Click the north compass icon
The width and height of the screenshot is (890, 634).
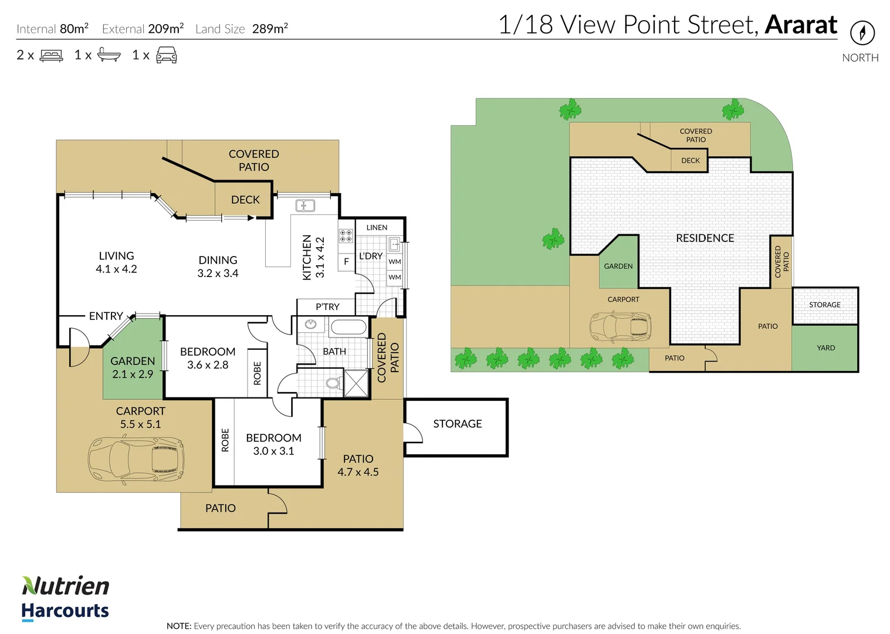[862, 32]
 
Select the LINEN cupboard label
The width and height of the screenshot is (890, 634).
[377, 228]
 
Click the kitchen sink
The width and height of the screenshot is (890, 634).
[305, 205]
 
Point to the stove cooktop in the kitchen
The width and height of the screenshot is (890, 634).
[346, 236]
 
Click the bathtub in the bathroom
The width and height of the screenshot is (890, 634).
[348, 327]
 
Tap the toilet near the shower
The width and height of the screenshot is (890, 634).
[333, 384]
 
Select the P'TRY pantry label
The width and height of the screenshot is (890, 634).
[327, 307]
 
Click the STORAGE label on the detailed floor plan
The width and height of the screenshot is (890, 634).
[457, 424]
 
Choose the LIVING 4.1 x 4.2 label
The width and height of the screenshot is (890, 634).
[116, 262]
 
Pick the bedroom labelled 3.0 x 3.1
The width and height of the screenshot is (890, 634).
[273, 444]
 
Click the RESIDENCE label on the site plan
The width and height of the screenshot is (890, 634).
[705, 238]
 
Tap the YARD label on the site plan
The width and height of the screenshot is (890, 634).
[825, 348]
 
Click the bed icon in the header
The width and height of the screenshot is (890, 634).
[52, 56]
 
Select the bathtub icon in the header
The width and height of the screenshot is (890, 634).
[109, 55]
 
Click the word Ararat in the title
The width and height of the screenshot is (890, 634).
[801, 25]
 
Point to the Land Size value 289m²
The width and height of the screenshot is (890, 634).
[270, 29]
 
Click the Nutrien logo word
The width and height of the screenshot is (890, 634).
[66, 586]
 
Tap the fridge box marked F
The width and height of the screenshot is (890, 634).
[346, 262]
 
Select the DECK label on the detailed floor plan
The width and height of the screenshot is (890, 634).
[245, 200]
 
